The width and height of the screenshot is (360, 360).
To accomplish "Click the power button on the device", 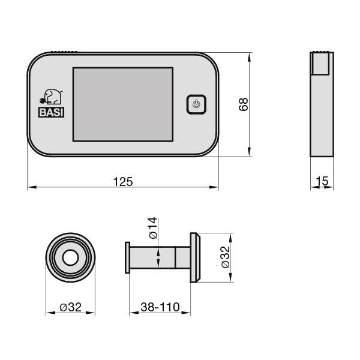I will click(196, 104).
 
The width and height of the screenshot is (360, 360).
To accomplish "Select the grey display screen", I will click(122, 104).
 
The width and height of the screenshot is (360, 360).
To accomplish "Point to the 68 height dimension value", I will click(243, 104).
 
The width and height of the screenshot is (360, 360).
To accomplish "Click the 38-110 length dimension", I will click(160, 307).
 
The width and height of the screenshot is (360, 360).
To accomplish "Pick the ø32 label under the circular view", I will click(71, 307).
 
